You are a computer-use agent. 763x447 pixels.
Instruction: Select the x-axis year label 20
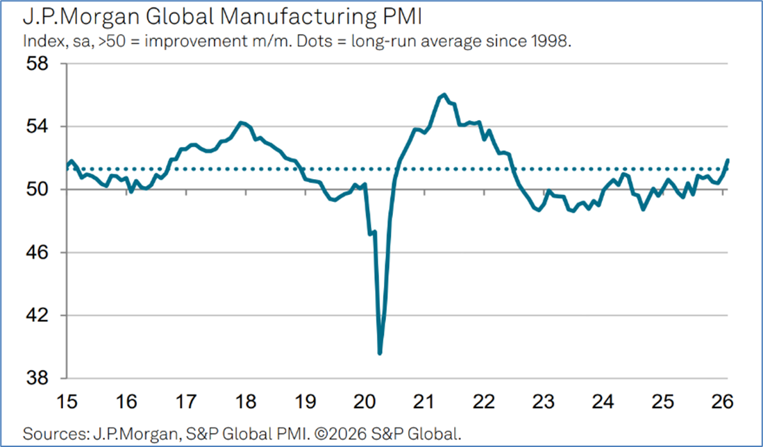[x=364, y=402]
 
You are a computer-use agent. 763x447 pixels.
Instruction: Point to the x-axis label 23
[x=544, y=402]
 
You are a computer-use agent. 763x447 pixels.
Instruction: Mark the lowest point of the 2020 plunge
[x=380, y=353]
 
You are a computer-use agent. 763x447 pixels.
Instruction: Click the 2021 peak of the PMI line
[x=444, y=94]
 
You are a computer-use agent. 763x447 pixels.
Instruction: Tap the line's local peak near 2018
[x=241, y=123]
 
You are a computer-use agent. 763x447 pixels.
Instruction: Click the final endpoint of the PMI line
[x=728, y=160]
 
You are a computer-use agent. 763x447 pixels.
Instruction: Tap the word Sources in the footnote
[x=49, y=435]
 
